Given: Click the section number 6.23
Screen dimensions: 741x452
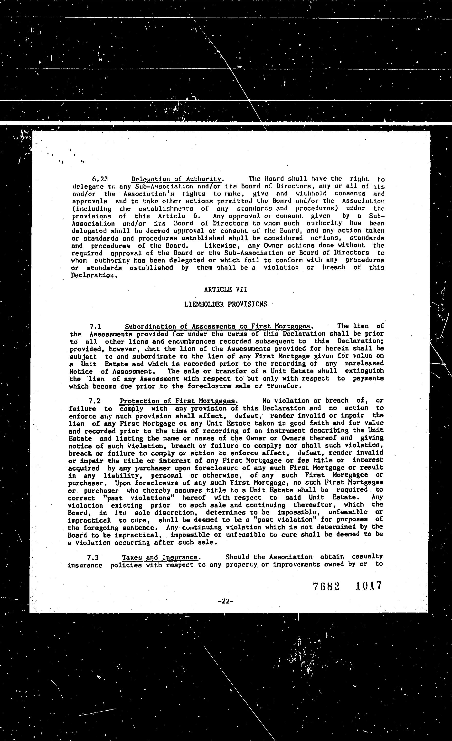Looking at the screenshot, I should pyautogui.click(x=100, y=179).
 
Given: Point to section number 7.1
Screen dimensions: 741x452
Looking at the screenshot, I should pyautogui.click(x=95, y=327).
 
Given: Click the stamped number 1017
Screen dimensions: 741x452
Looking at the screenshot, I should pyautogui.click(x=368, y=585).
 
